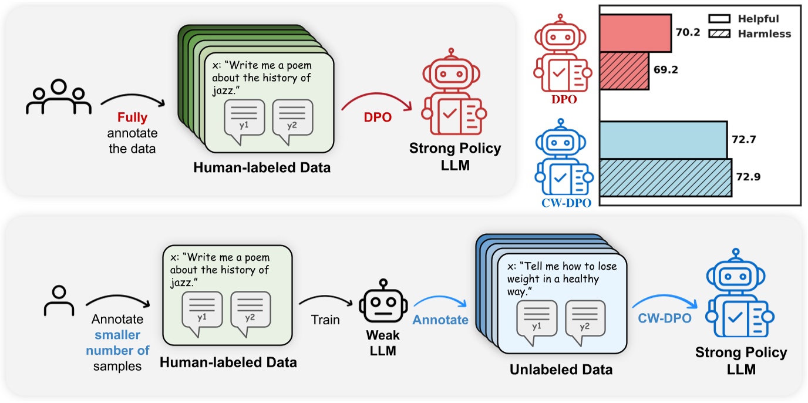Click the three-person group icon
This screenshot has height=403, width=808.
(x=59, y=97)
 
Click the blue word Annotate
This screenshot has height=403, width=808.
(x=440, y=320)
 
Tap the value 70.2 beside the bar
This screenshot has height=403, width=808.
(x=688, y=33)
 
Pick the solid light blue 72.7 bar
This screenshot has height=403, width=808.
(x=663, y=140)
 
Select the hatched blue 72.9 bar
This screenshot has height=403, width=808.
(x=665, y=177)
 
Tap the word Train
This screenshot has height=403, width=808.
(x=326, y=320)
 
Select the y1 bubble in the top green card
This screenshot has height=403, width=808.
(x=243, y=120)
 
